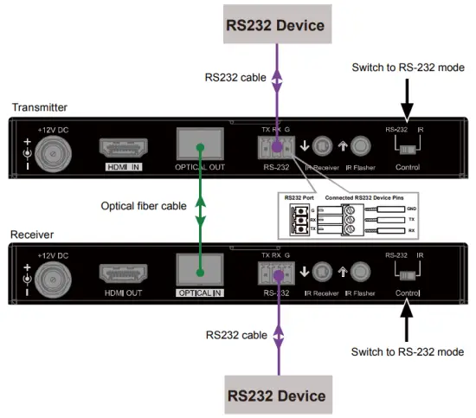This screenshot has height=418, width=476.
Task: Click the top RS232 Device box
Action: [x=276, y=25]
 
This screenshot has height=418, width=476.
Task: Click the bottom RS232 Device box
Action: [x=276, y=395]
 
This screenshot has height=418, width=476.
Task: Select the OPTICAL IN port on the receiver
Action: [x=201, y=268]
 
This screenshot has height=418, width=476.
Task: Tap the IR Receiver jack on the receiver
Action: [x=322, y=273]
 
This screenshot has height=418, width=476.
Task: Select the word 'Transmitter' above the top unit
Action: [x=39, y=107]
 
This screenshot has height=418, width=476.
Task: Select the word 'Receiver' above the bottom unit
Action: [x=34, y=234]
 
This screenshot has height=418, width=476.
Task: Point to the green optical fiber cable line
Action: [x=201, y=208]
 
